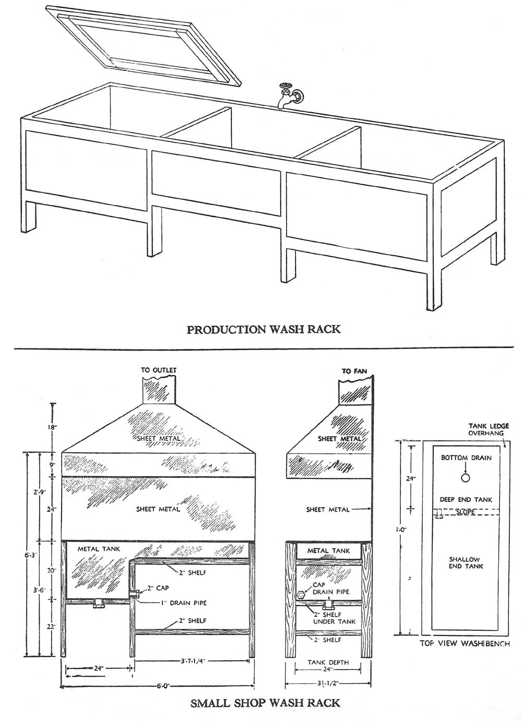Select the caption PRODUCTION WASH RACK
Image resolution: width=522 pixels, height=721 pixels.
(264, 329)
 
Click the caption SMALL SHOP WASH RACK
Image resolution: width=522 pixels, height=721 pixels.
(265, 703)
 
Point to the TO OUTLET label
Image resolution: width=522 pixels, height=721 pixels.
(159, 370)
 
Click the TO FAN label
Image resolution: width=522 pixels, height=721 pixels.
(354, 371)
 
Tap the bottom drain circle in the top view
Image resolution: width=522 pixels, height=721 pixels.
(466, 478)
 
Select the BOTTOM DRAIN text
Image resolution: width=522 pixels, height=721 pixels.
(466, 458)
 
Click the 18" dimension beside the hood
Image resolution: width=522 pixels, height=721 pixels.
(51, 427)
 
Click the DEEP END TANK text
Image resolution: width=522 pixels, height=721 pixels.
(466, 500)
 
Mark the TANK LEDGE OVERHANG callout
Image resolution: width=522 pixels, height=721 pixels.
(489, 429)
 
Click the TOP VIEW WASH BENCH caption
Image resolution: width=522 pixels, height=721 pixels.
(465, 644)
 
